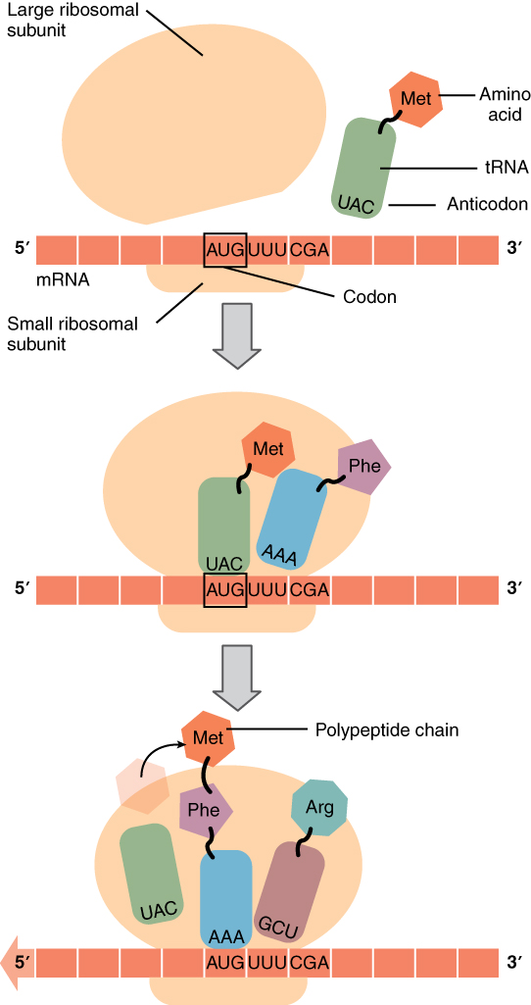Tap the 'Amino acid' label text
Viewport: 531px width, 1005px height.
504,104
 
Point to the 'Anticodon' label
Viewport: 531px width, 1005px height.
487,205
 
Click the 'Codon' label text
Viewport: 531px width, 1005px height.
369,297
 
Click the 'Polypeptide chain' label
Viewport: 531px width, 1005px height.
386,729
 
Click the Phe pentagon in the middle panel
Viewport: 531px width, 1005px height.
363,467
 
